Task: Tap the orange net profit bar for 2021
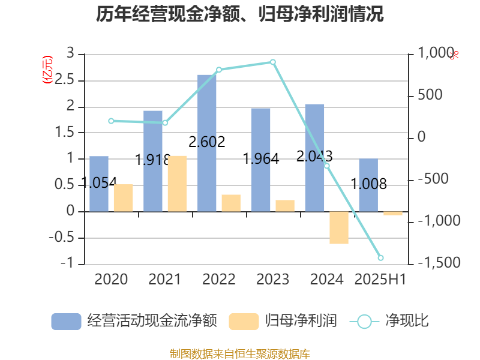point(177,183)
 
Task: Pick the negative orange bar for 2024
point(339,227)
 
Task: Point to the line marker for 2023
point(273,62)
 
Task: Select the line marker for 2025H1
point(380,258)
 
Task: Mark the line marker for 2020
point(111,121)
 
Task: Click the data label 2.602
point(207,142)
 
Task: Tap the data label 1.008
point(368,184)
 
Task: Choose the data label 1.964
point(261,159)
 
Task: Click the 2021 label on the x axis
point(164,280)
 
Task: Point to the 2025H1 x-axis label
point(380,280)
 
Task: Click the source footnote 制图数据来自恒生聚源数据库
point(240,353)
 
